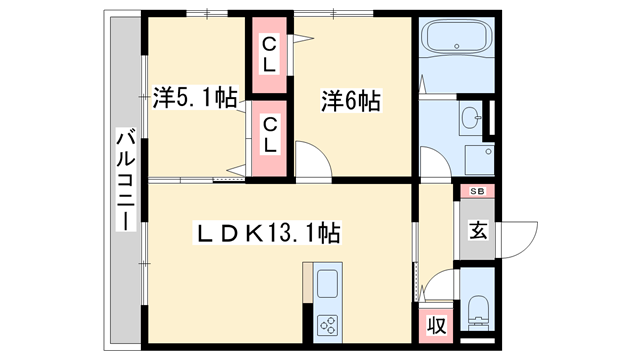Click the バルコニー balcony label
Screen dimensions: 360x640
coord(125,180)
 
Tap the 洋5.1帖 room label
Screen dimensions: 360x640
coord(195,98)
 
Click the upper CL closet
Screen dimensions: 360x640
coord(269,55)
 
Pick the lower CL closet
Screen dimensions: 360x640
coord(269,135)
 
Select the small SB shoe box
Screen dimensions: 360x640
coord(476,191)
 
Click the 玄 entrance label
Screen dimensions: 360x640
coord(478,231)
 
